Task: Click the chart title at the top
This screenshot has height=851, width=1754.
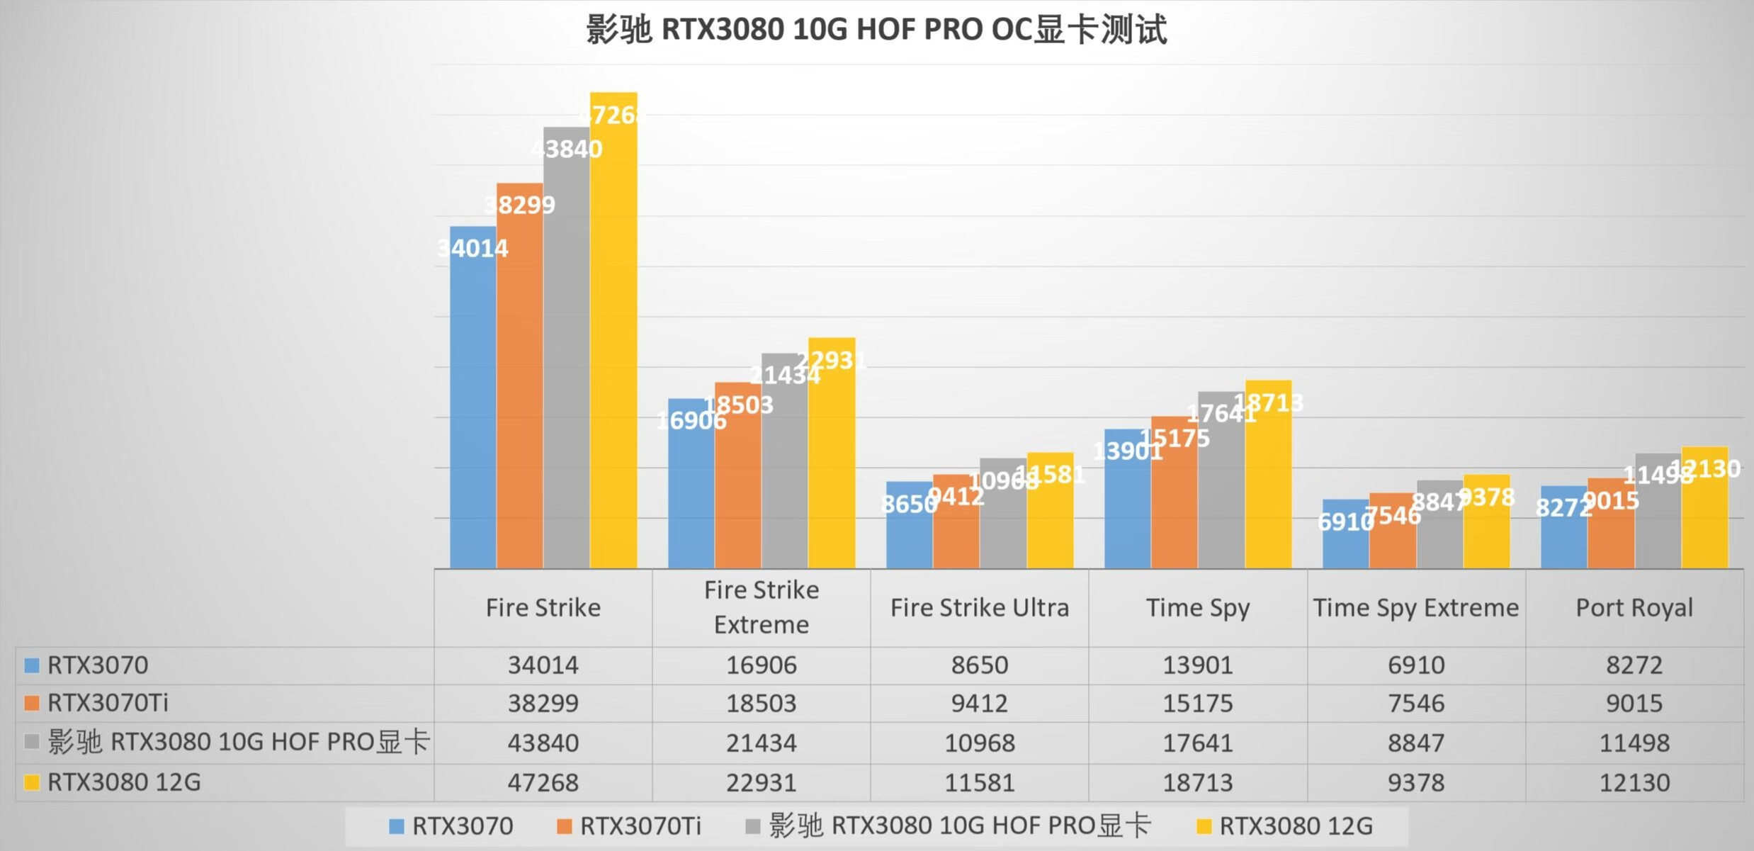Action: pos(876,30)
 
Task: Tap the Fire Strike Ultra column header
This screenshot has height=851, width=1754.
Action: pos(979,608)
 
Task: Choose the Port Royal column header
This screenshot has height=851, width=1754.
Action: pos(1634,608)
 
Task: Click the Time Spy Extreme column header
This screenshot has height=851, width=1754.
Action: pos(1415,608)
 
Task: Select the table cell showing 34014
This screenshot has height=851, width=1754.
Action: pos(543,665)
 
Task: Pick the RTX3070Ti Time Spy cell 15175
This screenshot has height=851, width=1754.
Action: pos(1197,704)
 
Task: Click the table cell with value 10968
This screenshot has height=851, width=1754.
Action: pos(979,743)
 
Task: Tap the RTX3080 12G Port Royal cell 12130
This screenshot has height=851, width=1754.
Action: pos(1634,783)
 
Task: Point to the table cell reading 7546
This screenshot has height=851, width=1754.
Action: pos(1415,704)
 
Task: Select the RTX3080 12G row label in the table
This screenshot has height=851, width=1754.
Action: pos(124,783)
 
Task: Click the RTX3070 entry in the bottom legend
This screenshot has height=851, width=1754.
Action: pos(462,826)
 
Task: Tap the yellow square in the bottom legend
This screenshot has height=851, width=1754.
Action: pos(1203,826)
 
